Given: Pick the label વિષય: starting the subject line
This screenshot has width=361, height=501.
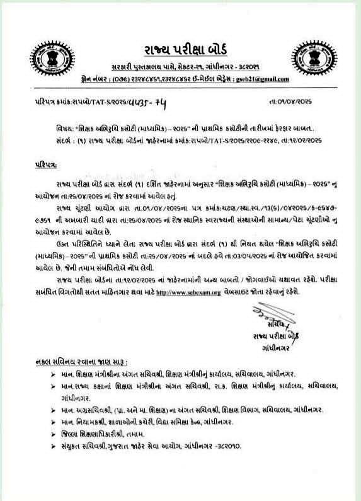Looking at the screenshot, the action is (66, 126).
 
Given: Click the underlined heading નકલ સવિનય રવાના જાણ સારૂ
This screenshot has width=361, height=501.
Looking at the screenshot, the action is (82, 363).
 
